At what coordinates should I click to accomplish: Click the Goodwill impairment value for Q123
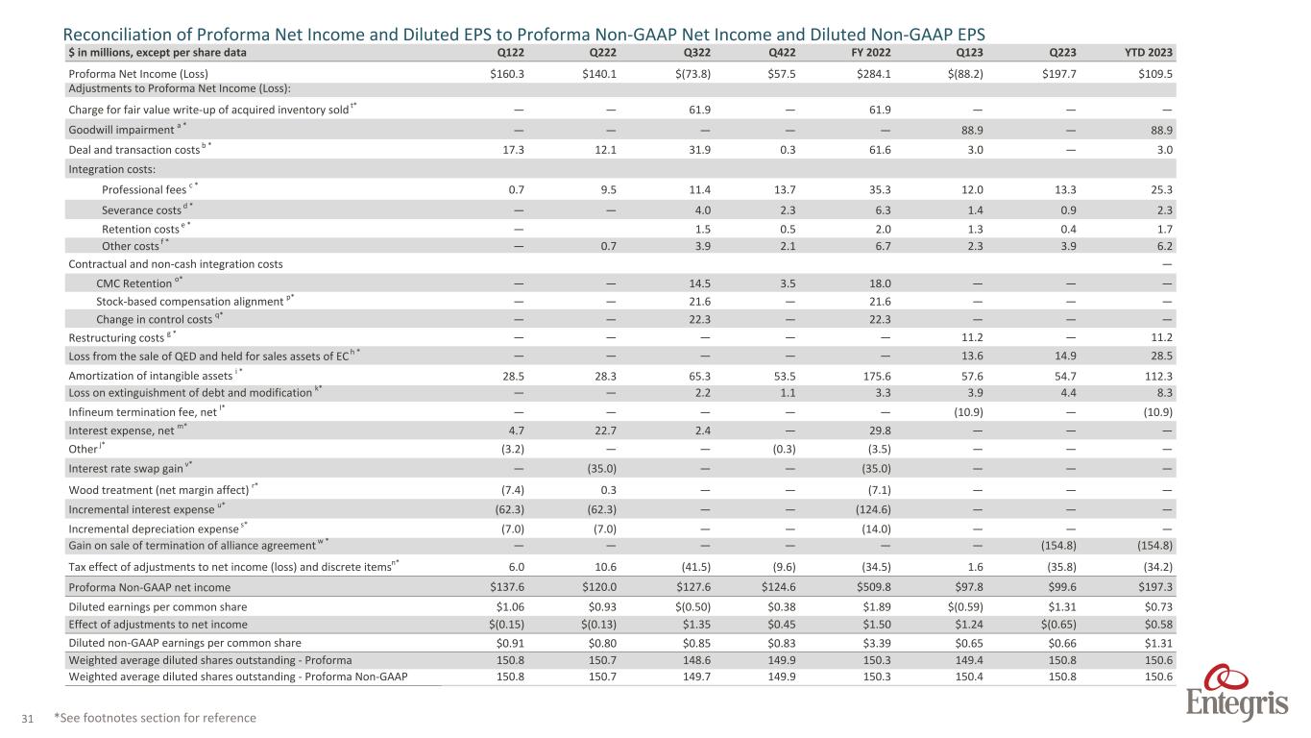click(x=976, y=130)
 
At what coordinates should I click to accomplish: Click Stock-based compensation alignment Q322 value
click(x=708, y=301)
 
